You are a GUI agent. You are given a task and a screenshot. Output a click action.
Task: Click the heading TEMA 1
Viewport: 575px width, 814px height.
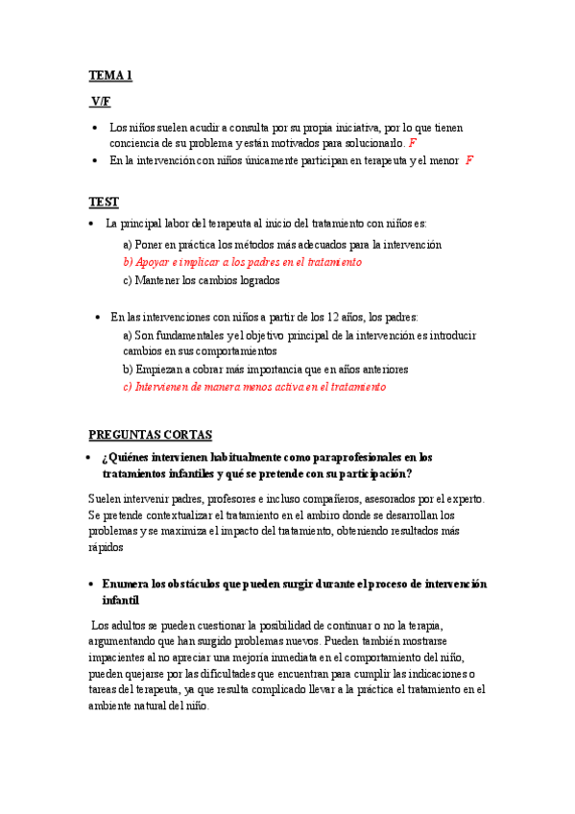(x=110, y=75)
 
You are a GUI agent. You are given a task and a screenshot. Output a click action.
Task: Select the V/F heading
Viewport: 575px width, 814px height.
(x=101, y=102)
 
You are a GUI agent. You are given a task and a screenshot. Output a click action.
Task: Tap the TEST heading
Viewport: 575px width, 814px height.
(x=104, y=202)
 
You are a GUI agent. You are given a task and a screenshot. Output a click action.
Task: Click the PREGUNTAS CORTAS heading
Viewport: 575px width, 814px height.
(x=150, y=434)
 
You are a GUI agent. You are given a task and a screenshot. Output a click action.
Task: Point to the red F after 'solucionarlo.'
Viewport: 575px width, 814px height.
(x=413, y=143)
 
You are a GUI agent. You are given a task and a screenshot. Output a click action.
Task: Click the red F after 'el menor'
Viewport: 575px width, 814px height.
(x=469, y=160)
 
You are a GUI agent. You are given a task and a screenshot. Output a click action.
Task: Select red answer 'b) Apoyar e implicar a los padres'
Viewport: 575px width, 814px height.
(x=242, y=262)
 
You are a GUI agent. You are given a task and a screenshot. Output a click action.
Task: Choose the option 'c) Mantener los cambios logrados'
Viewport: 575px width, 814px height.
(x=201, y=281)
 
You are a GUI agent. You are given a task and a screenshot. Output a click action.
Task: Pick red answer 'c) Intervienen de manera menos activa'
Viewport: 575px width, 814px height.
(x=253, y=387)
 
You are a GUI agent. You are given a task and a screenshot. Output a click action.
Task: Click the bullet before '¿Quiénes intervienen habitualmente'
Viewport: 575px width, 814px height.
(x=88, y=457)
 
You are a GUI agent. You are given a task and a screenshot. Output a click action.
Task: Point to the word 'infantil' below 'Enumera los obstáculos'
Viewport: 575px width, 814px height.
(x=120, y=600)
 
